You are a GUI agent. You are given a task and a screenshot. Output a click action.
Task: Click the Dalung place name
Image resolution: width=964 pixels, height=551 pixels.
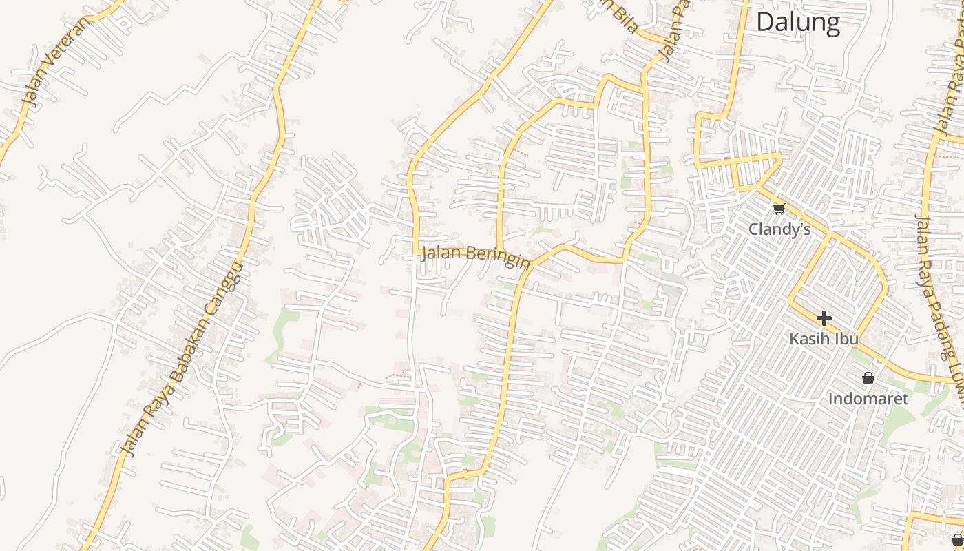click(x=798, y=23)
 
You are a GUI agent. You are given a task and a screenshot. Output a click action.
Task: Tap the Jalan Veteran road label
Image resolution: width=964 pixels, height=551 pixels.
click(x=56, y=63)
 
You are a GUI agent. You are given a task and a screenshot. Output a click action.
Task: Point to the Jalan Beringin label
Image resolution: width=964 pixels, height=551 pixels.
click(x=476, y=254)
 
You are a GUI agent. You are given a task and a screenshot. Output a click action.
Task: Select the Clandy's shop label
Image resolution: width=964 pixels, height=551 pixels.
click(x=779, y=229)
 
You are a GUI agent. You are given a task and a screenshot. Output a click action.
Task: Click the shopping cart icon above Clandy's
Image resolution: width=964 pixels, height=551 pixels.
click(x=779, y=209)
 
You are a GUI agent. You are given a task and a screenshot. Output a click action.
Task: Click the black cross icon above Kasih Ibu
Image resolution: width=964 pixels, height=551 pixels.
click(x=824, y=318)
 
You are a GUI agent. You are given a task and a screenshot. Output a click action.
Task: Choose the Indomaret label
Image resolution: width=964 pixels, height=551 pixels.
click(x=868, y=399)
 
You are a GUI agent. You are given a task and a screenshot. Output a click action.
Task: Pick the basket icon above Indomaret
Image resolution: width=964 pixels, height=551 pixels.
click(x=868, y=378)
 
